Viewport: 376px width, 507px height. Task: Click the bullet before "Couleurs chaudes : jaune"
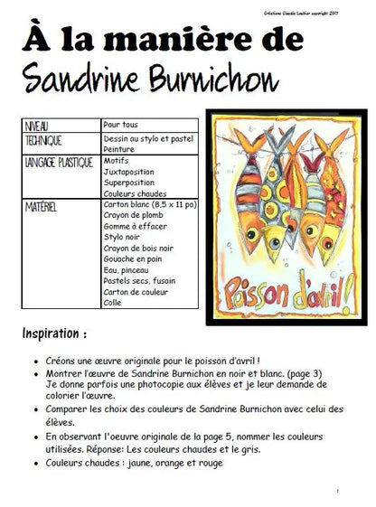coord(35,464)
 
